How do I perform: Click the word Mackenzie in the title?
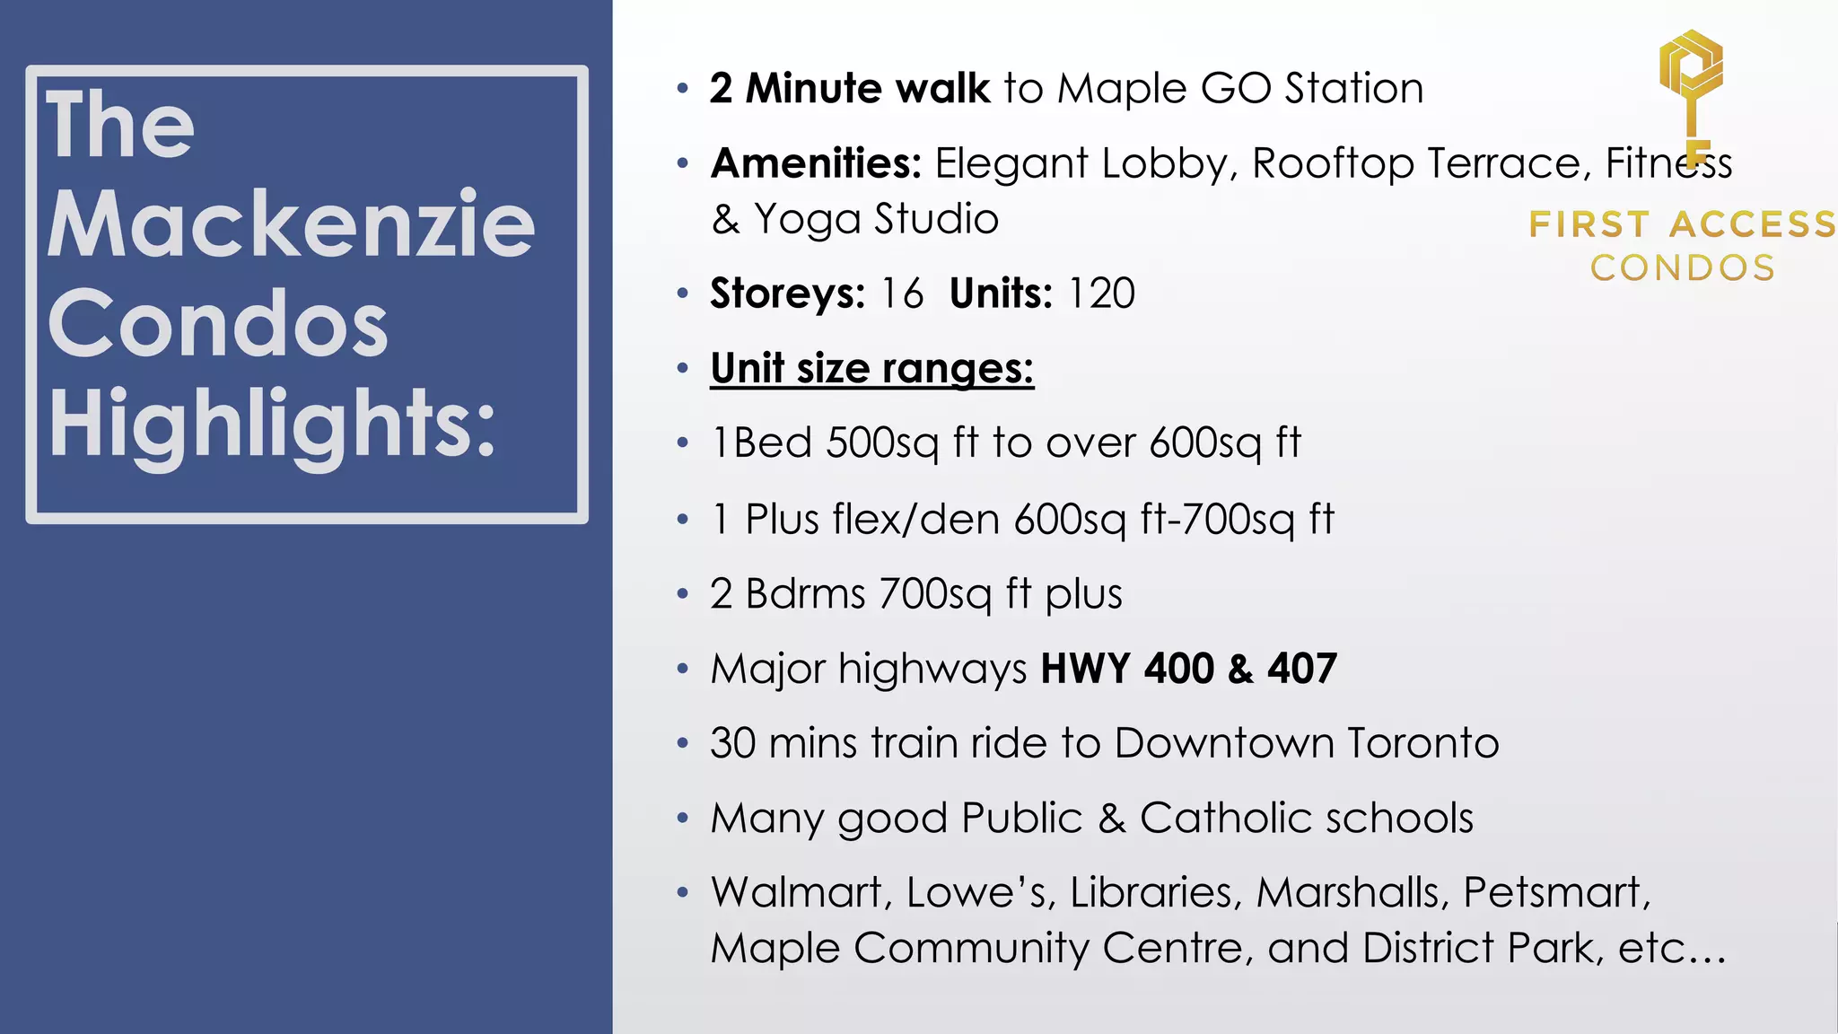pos(291,224)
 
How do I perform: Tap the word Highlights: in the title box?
pos(271,424)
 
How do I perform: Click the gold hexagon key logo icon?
pos(1691,76)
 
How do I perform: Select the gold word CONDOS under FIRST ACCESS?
pos(1683,267)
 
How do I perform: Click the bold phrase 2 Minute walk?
pos(849,89)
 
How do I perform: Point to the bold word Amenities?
pos(816,163)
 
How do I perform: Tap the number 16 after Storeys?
pos(901,294)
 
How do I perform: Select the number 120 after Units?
pos(1101,294)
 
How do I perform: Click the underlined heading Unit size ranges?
pos(871,368)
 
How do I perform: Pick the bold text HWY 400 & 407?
pos(1188,669)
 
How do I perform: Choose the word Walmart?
pos(801,892)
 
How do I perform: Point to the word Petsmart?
pos(1556,892)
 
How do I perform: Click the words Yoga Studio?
pos(876,219)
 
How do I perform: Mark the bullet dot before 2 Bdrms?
pos(683,594)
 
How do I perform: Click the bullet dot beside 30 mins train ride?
pos(683,744)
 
